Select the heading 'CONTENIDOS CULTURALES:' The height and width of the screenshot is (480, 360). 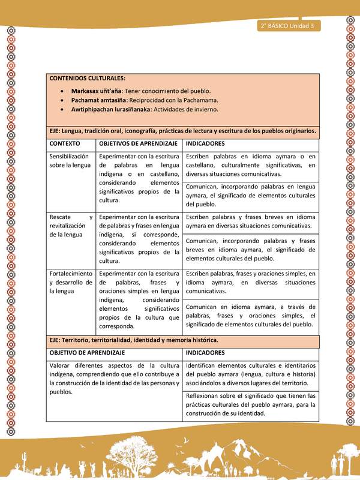pos(88,79)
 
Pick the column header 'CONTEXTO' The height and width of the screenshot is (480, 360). pos(65,144)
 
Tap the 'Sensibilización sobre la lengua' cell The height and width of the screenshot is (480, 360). pos(70,160)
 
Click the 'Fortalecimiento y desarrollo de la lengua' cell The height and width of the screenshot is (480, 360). pos(70,282)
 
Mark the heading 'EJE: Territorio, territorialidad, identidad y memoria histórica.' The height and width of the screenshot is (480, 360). pos(134,340)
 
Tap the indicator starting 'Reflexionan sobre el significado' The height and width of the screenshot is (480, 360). pos(251,405)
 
